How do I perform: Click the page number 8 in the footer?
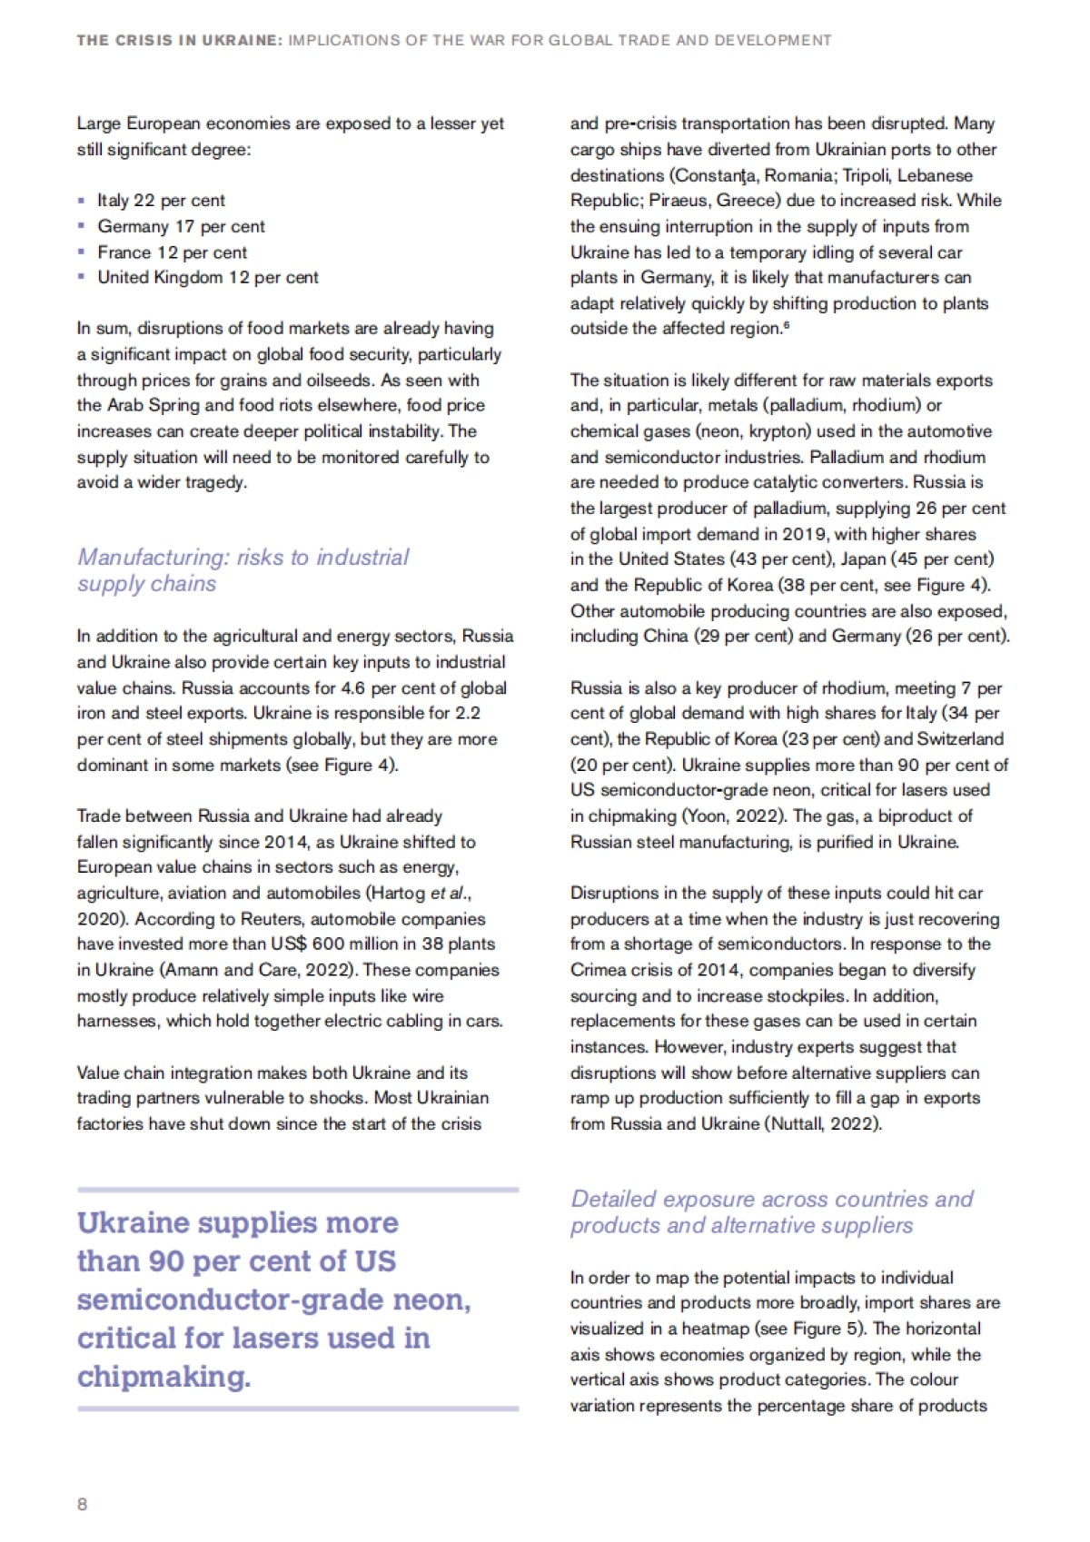tap(83, 1504)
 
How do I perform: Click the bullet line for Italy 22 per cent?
tap(161, 200)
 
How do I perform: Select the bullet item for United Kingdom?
tap(208, 277)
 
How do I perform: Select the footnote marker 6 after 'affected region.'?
tap(786, 325)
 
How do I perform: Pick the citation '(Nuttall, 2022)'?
tap(824, 1123)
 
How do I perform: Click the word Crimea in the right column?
tap(599, 970)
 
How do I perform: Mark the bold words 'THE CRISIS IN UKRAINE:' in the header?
tap(179, 40)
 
